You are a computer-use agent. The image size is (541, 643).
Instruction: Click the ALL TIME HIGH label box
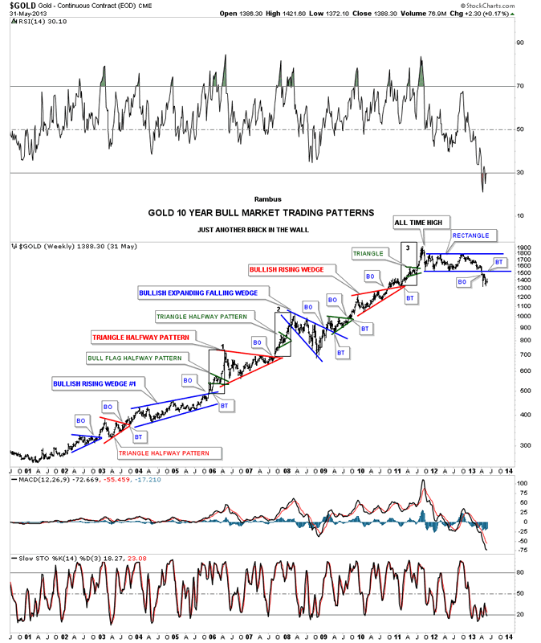(422, 222)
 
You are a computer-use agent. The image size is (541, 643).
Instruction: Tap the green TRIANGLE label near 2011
(368, 253)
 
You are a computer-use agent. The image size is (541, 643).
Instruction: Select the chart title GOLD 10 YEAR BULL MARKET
(260, 213)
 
